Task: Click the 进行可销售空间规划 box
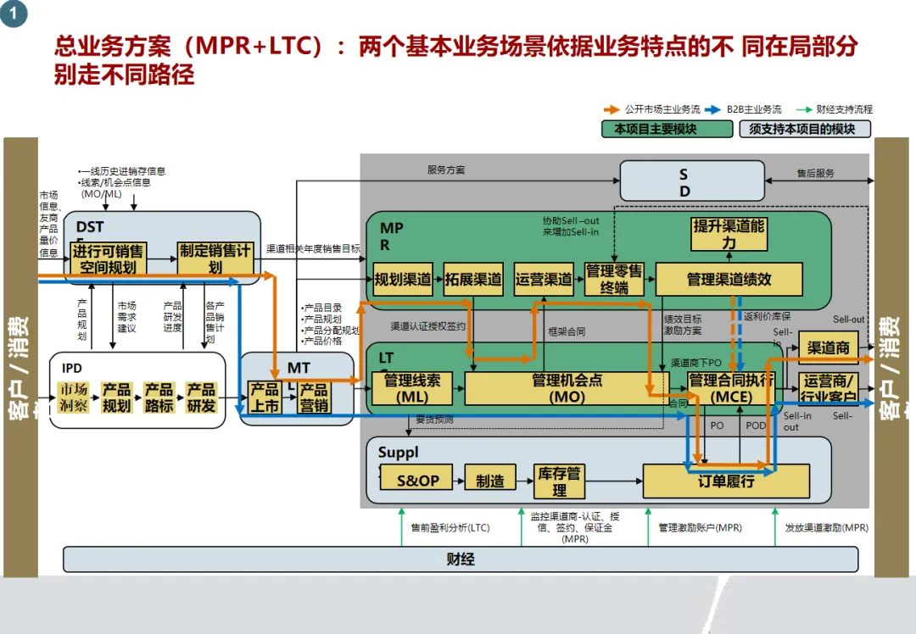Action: (108, 259)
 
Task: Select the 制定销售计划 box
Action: (215, 259)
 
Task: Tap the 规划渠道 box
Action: (403, 279)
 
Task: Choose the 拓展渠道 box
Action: (472, 279)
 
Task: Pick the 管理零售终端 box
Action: (614, 279)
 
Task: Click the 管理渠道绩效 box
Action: (729, 279)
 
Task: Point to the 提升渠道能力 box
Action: (729, 234)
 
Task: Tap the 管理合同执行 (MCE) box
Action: (730, 388)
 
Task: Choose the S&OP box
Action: (418, 481)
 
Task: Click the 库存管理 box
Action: (559, 481)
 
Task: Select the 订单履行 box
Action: (726, 481)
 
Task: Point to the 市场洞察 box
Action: (73, 398)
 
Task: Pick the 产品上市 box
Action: (265, 398)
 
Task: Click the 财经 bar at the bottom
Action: (461, 559)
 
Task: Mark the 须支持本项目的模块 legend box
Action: (804, 129)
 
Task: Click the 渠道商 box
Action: (828, 348)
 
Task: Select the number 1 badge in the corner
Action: (13, 13)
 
